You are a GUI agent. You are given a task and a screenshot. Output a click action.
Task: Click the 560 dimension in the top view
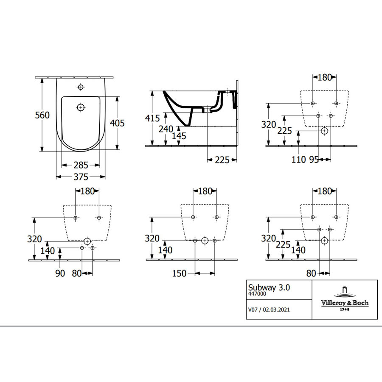43,115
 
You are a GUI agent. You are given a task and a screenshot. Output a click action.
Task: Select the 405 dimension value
117,123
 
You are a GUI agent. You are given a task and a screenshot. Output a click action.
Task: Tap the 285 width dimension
81,165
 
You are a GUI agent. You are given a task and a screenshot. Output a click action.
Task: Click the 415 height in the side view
152,118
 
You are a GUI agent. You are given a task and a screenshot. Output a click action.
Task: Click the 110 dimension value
298,160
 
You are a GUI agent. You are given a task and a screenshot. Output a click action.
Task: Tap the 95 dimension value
314,160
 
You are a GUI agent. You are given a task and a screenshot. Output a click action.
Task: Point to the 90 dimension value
60,273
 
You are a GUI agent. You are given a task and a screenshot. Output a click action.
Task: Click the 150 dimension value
179,273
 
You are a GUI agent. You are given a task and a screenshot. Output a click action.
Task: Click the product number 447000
257,294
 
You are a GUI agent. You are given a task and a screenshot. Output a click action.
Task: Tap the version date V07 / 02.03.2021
269,310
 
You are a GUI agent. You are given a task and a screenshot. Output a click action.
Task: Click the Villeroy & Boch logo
344,297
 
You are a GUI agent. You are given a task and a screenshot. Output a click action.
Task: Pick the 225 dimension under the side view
222,160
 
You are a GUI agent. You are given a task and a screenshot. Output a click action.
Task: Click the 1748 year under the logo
344,309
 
